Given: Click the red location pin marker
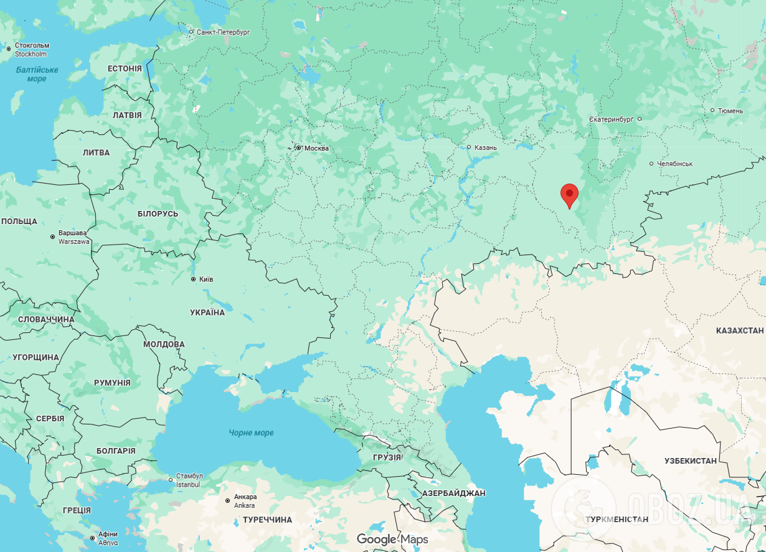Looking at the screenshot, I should coord(569,195).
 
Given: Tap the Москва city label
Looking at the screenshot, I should coord(316,148).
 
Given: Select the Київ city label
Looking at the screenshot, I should coord(205,279).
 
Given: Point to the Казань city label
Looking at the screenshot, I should coord(485,147).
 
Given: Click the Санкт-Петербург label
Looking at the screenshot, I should coord(222,32).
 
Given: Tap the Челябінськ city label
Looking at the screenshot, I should coord(674,164).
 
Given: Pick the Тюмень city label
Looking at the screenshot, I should coord(730,111).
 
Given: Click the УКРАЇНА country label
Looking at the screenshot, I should coord(207,312).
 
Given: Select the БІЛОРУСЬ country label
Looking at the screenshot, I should coord(158,213).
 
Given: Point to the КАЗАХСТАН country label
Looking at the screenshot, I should coord(740,330).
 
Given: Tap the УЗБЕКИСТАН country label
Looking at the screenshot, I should coord(691,461).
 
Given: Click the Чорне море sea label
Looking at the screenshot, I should coord(251,433).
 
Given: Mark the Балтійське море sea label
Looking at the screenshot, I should coord(37,74).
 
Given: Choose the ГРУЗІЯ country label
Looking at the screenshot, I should coord(387,457).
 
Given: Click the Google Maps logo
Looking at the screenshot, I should coord(392,539).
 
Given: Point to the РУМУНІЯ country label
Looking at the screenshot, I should coord(112,383).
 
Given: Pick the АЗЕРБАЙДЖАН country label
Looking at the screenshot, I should coord(453,493).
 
